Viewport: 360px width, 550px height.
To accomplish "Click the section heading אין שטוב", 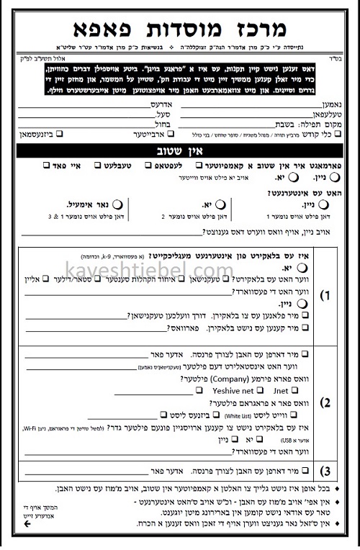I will click(x=180, y=151).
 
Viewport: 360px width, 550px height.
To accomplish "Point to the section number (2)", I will click(x=325, y=402).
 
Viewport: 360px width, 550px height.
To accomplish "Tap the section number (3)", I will click(x=325, y=472).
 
